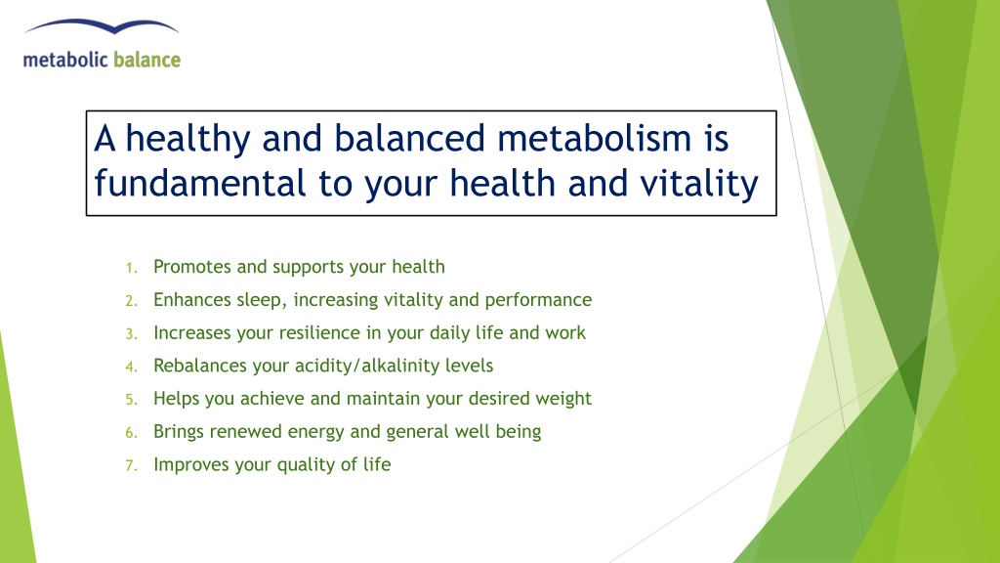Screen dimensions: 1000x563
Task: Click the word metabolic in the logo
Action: click(x=65, y=60)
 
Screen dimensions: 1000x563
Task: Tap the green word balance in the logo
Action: click(x=147, y=60)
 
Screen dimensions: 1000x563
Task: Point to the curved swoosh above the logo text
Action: click(x=102, y=26)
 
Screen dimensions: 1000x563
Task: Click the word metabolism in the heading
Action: click(x=594, y=138)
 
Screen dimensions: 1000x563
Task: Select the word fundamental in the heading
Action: click(x=200, y=183)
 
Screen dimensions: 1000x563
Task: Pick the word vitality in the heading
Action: click(x=699, y=184)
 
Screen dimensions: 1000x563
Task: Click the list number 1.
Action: click(x=131, y=268)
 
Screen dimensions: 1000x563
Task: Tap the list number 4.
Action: click(x=131, y=368)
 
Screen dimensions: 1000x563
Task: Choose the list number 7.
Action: click(x=131, y=466)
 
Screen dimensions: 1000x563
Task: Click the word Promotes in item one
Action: click(x=192, y=267)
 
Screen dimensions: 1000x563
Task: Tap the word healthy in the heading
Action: click(x=187, y=139)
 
